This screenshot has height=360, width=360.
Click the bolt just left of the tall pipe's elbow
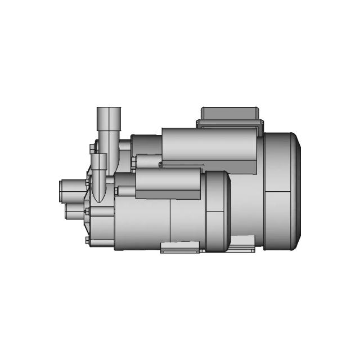click(92, 147)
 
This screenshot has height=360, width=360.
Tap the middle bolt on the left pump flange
click(88, 212)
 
